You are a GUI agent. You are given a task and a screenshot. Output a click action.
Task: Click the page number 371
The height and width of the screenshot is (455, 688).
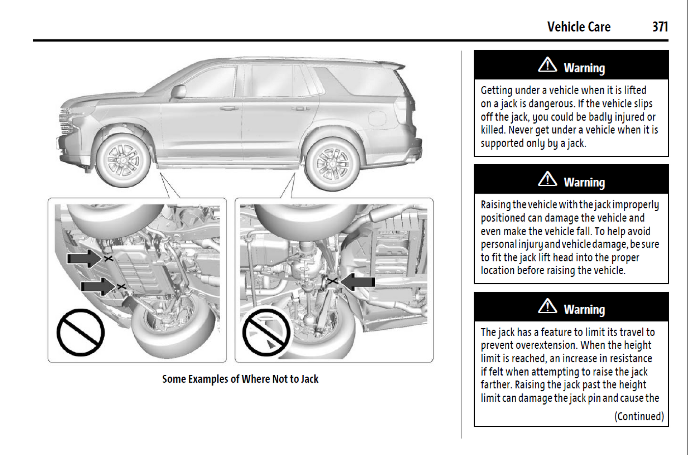point(660,27)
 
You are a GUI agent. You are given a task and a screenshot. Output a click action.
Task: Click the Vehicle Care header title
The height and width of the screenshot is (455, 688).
point(579,27)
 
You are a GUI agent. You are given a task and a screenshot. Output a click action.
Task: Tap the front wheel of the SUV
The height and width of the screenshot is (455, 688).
point(123,160)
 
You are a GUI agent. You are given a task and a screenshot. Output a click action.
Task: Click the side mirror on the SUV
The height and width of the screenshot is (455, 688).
point(179,91)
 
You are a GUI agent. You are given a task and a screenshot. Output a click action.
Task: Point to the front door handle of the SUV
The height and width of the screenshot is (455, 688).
point(229,108)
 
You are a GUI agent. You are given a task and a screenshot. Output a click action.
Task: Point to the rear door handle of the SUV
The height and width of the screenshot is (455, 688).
point(300,108)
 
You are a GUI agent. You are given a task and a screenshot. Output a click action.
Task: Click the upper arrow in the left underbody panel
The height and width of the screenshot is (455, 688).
point(84,258)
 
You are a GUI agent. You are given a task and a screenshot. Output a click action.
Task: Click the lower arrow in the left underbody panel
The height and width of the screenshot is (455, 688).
point(98,286)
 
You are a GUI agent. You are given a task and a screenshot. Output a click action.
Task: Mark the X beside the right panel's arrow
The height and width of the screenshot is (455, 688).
point(332,281)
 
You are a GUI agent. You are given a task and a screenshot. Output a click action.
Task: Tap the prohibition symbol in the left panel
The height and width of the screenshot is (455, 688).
point(81,332)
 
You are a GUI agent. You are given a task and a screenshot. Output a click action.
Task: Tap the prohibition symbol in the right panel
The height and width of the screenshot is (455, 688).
point(266,332)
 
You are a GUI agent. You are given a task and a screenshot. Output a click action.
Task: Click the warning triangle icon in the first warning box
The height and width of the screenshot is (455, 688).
point(547,65)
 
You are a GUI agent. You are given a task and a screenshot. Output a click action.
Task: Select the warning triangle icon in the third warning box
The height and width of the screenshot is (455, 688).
point(547,306)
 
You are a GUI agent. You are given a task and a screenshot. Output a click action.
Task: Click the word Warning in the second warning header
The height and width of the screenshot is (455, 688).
point(584,182)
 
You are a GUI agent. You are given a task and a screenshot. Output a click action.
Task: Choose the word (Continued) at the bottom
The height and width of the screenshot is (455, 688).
point(639,416)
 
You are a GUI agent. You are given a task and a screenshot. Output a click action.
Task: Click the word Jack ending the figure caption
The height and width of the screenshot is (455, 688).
point(310,379)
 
